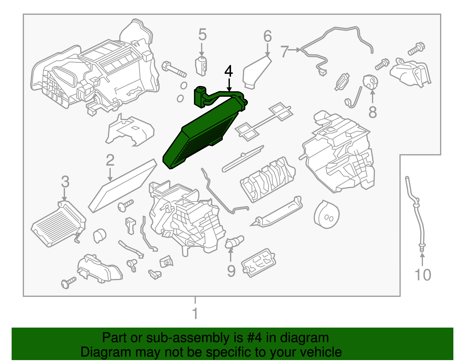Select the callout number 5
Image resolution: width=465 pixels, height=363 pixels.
[x=202, y=34]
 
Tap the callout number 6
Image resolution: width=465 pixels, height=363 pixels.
[x=267, y=36]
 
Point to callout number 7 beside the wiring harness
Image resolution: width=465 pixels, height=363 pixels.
[x=285, y=51]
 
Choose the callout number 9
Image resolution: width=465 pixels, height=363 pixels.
[x=231, y=271]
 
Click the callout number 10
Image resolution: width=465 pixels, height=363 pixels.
[x=423, y=275]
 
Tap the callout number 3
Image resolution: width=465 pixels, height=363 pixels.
[x=65, y=182]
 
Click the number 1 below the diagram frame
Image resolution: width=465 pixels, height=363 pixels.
[x=195, y=314]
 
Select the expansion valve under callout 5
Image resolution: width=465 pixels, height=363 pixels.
[x=201, y=66]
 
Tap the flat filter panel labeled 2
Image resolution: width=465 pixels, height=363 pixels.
[x=123, y=186]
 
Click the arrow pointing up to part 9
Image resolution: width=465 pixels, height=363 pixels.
[x=231, y=254]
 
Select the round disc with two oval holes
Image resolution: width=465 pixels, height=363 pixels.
[x=327, y=214]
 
